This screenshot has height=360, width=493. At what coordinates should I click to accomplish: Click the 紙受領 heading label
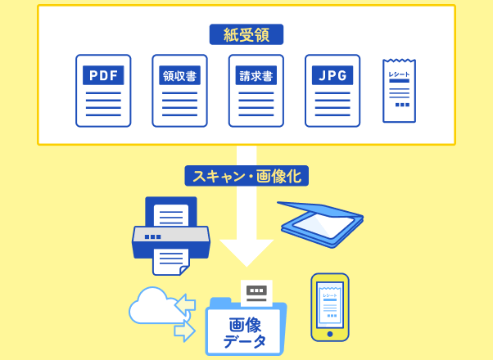(x=246, y=34)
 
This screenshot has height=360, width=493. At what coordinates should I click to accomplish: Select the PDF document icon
(x=103, y=91)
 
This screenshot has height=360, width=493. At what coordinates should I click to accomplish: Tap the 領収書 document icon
(x=179, y=91)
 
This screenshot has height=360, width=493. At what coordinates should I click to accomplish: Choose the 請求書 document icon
(x=256, y=91)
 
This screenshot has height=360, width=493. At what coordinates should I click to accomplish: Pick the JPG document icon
(x=332, y=91)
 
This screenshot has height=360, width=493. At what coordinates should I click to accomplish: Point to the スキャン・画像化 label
(x=246, y=175)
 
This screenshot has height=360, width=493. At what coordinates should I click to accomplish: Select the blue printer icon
(x=170, y=233)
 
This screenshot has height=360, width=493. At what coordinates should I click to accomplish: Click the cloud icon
(x=151, y=306)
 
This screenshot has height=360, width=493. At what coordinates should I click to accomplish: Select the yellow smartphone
(x=330, y=307)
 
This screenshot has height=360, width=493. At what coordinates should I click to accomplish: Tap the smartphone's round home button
(x=330, y=334)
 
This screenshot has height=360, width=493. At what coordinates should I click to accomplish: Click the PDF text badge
(x=103, y=76)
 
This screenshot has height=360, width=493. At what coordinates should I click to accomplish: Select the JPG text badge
(x=332, y=76)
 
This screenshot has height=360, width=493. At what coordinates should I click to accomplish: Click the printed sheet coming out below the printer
(x=170, y=261)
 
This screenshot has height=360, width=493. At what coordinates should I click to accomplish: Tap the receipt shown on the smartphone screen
(x=330, y=303)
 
